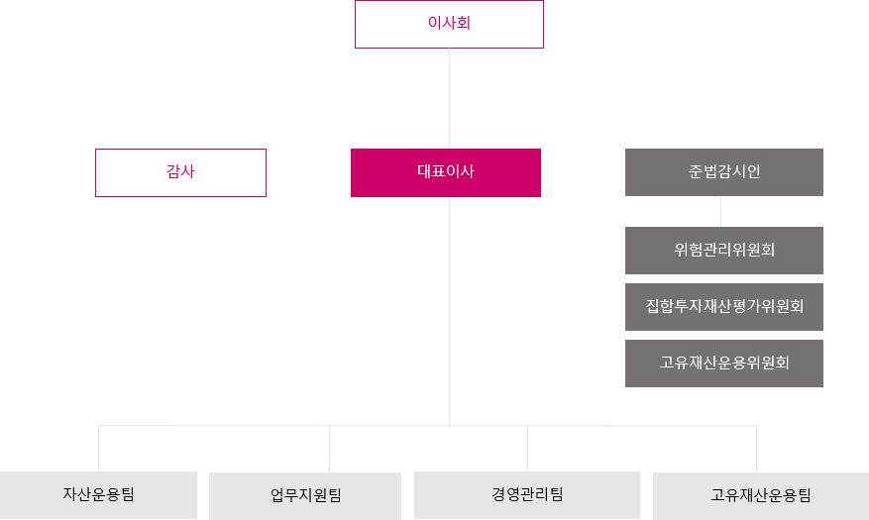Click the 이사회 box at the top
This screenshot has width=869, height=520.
tap(449, 25)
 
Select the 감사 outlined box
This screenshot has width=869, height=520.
tap(180, 172)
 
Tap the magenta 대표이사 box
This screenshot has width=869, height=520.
tap(446, 172)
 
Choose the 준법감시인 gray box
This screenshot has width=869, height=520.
tap(723, 172)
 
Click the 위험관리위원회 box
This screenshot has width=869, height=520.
tap(723, 251)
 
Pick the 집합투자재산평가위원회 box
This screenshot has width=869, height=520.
tap(723, 307)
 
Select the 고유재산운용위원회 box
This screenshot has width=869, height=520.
tap(723, 364)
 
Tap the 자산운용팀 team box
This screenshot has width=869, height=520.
tap(98, 495)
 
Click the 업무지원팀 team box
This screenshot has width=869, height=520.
tap(305, 495)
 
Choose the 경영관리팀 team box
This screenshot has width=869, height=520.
tap(527, 495)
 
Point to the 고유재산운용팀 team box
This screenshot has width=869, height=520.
tap(761, 495)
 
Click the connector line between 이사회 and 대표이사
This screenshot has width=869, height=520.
tap(449, 99)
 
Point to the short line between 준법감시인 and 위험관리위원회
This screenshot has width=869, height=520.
tap(721, 212)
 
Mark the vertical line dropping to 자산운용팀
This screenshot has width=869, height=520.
tap(99, 449)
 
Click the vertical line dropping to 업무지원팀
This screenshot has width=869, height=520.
tap(330, 449)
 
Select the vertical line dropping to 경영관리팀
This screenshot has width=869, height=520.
tap(527, 449)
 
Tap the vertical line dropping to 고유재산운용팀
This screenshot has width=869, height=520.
tap(756, 449)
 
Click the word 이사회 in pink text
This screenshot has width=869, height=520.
tap(449, 23)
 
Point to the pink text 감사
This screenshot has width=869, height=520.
tap(180, 171)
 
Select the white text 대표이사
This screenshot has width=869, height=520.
tap(446, 171)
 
